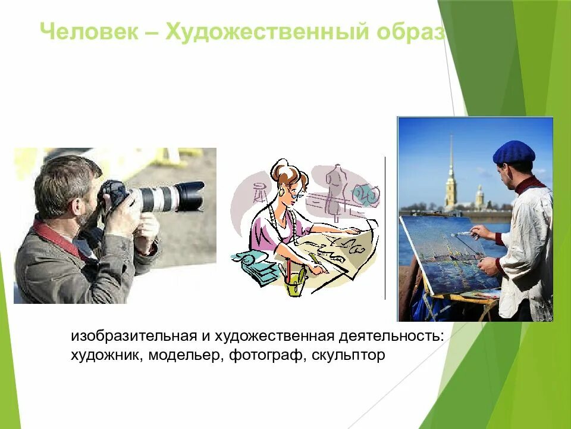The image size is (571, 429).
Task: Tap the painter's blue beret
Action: pos(514,152)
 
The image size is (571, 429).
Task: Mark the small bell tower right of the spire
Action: pos(479,197)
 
